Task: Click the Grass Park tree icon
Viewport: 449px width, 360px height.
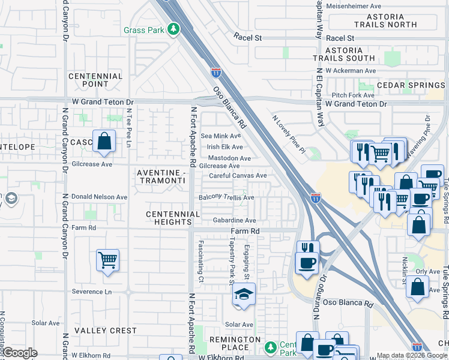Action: (x=173, y=29)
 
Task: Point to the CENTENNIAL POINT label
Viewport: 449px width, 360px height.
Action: (x=95, y=80)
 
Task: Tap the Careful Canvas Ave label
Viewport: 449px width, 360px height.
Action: (x=238, y=176)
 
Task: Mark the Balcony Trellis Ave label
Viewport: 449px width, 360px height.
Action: (x=227, y=197)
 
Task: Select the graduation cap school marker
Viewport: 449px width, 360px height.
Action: (x=243, y=295)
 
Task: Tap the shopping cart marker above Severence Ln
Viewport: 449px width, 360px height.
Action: (x=107, y=260)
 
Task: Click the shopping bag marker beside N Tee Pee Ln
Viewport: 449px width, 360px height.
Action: (x=104, y=142)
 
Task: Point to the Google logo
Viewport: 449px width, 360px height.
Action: (x=20, y=353)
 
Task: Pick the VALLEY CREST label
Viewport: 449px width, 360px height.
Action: (x=106, y=331)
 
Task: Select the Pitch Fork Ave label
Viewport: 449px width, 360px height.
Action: (x=353, y=95)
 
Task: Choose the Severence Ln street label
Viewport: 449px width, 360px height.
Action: (x=91, y=292)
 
